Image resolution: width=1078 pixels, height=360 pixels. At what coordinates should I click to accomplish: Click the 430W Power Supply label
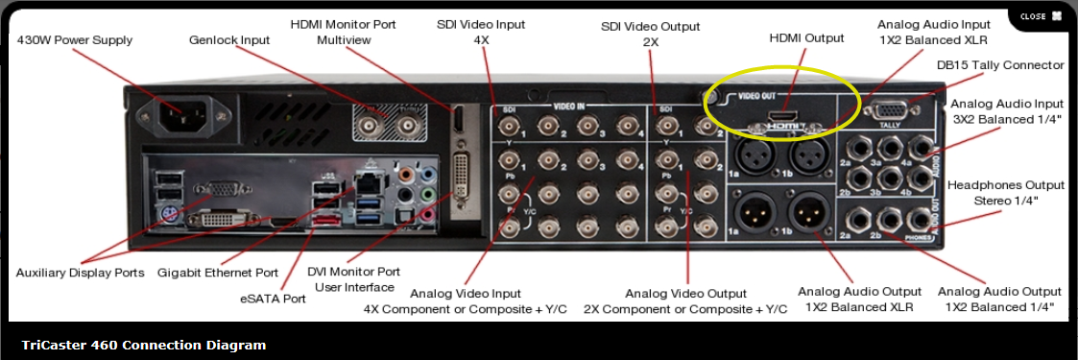(75, 40)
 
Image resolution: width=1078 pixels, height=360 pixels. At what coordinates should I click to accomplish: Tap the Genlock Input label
(229, 40)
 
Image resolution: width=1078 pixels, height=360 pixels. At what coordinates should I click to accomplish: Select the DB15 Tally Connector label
(1000, 65)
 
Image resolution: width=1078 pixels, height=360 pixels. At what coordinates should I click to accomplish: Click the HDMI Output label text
(806, 38)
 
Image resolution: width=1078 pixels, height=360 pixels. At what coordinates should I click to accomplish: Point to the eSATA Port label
(273, 299)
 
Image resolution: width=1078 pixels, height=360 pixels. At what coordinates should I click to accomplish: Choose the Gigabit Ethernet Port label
(217, 273)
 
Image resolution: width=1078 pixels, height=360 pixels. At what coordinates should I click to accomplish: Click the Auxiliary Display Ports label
(80, 273)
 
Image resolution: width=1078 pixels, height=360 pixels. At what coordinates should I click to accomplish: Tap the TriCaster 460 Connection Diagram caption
(144, 345)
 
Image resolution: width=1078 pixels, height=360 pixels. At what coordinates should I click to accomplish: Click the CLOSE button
(1041, 16)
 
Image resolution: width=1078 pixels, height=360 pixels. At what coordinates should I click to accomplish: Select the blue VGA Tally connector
(884, 109)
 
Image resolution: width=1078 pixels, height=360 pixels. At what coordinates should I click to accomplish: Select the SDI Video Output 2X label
(650, 35)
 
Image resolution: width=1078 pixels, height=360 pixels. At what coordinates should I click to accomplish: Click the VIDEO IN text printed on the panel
(574, 106)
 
